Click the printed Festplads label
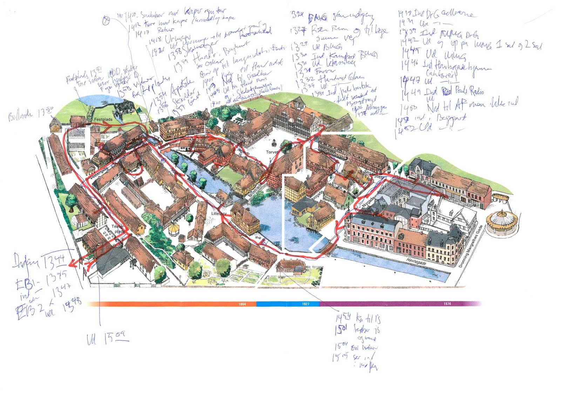point(103,119)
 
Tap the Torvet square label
point(272,152)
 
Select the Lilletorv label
point(219,213)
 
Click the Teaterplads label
point(118,229)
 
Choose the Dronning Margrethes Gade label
point(471,246)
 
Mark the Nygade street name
point(369,203)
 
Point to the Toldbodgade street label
point(237,230)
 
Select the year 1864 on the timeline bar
point(242,304)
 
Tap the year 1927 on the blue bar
point(305,304)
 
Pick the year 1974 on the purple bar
point(447,304)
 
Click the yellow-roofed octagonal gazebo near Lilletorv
point(174,230)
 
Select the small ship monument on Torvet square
point(274,143)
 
